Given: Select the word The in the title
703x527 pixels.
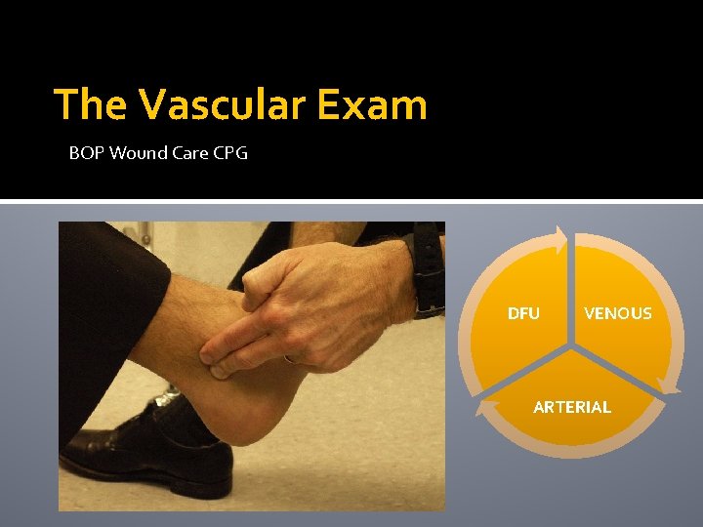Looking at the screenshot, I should coord(91,104).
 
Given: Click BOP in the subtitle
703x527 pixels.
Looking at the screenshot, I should coord(84,153).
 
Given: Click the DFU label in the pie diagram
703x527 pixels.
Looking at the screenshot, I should coord(523,313).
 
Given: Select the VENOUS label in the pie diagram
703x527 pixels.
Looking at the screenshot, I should coord(617,313).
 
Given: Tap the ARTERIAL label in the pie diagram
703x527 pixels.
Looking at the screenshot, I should coord(572,407).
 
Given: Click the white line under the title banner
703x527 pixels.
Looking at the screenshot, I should coord(351,202).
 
